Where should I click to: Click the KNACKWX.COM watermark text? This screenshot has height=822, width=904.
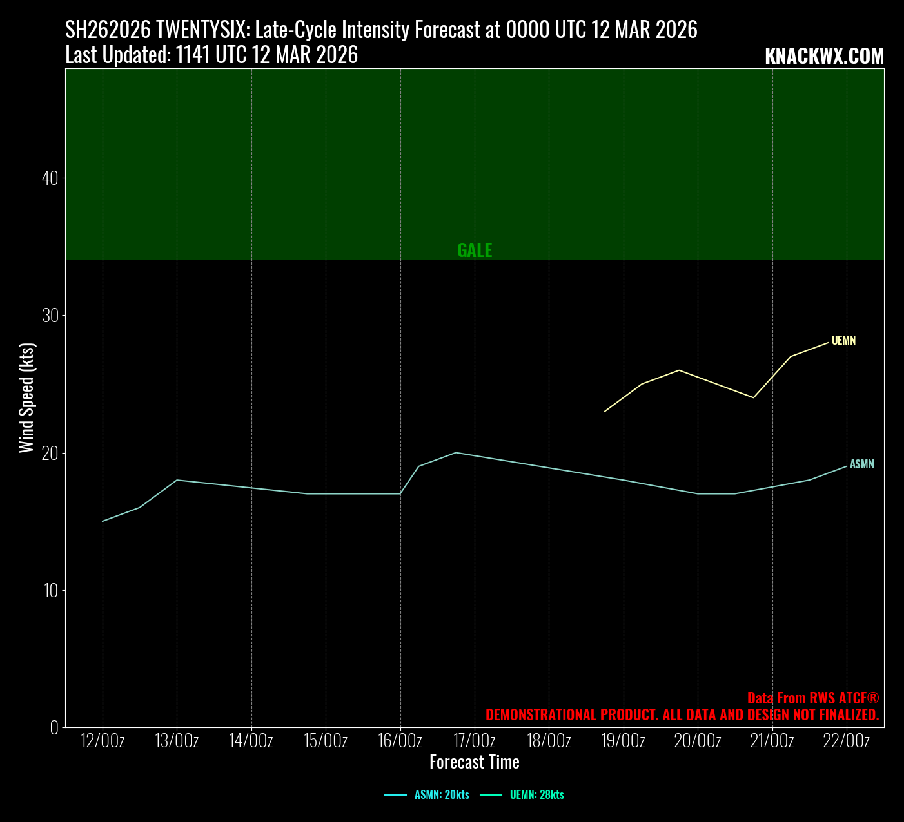click(824, 57)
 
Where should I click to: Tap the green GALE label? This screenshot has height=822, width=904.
click(475, 251)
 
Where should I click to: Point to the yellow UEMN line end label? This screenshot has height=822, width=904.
click(843, 341)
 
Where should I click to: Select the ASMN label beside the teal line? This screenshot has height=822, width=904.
click(862, 464)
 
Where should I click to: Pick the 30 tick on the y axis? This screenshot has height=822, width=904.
click(50, 316)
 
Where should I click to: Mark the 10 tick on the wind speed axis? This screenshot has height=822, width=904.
click(50, 590)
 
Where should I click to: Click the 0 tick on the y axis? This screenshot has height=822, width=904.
click(54, 727)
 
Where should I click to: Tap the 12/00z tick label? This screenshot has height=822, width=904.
click(103, 741)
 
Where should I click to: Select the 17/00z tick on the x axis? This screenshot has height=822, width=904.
click(475, 741)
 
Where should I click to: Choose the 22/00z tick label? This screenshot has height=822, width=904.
click(847, 741)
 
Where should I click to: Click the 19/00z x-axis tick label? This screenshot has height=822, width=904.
click(624, 741)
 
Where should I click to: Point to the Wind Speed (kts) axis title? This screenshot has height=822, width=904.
click(26, 398)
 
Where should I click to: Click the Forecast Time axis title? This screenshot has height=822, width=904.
click(475, 762)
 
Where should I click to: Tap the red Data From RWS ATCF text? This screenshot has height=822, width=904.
click(813, 698)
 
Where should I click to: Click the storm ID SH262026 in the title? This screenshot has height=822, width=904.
click(108, 30)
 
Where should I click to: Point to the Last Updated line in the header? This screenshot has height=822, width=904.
click(211, 55)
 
